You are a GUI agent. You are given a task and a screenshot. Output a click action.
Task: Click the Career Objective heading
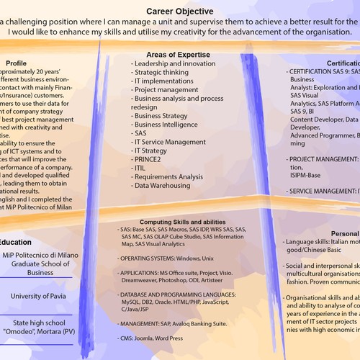point(179,12)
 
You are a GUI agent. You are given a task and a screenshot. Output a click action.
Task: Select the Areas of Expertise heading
point(178,55)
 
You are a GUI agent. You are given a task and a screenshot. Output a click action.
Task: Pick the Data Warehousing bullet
point(163,185)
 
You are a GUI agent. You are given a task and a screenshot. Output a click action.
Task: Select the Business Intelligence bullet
point(166,124)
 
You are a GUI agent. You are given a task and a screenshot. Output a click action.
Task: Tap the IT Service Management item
point(170,141)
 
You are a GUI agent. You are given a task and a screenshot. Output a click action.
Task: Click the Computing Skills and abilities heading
point(182,222)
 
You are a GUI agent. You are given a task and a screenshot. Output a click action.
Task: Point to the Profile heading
point(15,63)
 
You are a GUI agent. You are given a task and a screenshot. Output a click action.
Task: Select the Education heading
point(15,242)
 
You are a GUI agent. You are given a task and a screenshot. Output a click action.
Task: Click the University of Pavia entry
point(35,276)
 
